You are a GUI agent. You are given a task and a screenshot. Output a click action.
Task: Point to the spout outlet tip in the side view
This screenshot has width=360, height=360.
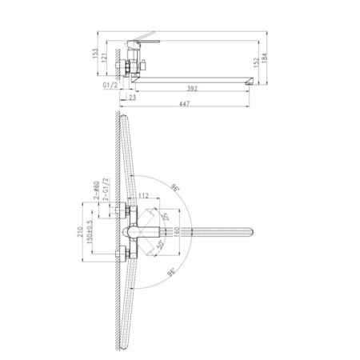click(253, 81)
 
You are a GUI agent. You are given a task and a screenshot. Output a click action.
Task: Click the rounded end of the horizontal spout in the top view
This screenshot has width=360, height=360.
click(254, 232)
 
